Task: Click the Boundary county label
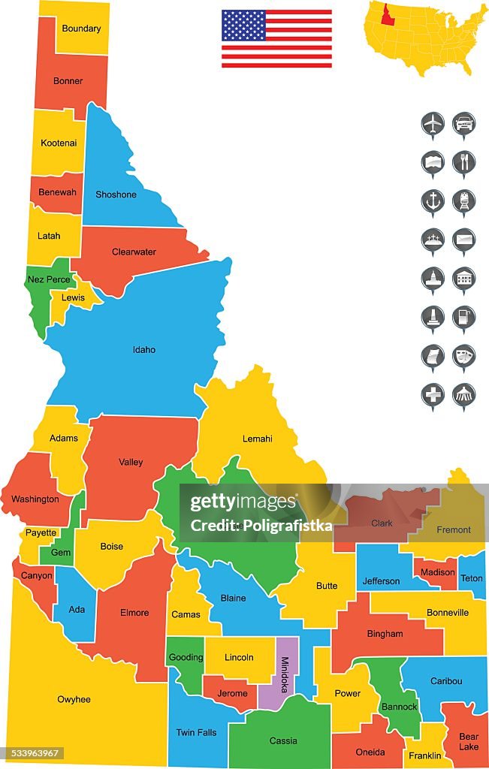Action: [x=81, y=29]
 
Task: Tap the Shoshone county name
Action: [x=116, y=195]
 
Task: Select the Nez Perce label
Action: [x=49, y=279]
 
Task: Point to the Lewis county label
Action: [x=73, y=297]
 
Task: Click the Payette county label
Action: [x=41, y=532]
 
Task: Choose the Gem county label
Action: [x=60, y=553]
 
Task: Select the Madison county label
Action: [x=438, y=571]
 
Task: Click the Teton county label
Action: [x=472, y=578]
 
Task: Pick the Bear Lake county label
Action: [x=469, y=742]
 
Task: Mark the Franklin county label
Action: [x=424, y=755]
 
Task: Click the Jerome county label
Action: [x=232, y=693]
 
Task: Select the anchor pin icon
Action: [x=433, y=201]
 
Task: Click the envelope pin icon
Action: [x=464, y=240]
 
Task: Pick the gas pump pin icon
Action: [x=464, y=317]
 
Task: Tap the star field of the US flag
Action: [x=243, y=26]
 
